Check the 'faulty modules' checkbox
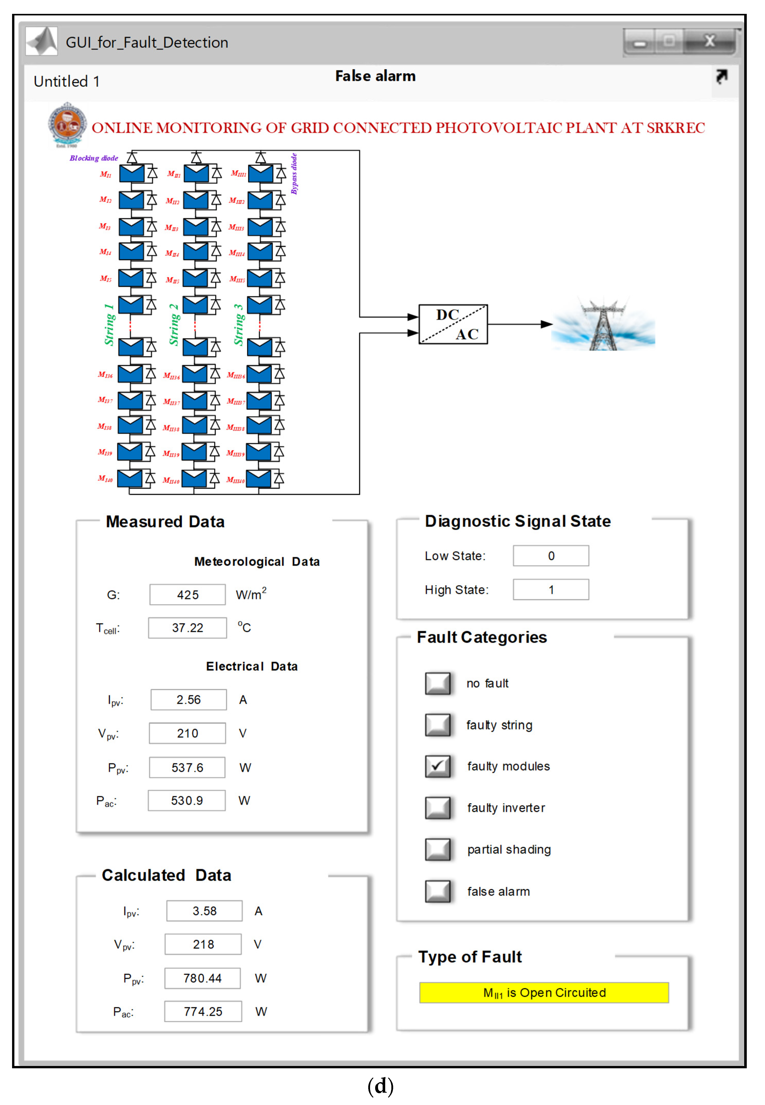[437, 766]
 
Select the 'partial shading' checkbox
[437, 849]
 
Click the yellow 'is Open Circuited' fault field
[544, 992]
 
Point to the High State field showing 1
[551, 589]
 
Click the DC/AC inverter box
[453, 325]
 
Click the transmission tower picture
[603, 325]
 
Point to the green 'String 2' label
[174, 325]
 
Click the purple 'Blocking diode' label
[94, 158]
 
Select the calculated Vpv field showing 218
[203, 944]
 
